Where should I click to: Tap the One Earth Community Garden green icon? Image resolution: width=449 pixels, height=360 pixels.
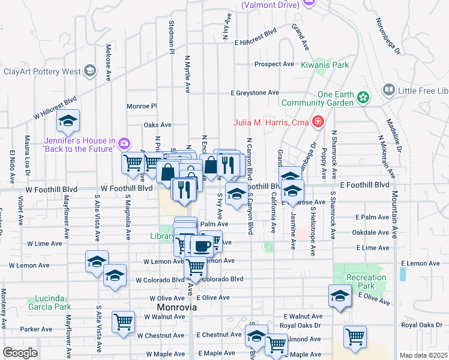click(x=363, y=97)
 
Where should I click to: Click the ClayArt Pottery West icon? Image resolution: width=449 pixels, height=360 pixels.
click(x=90, y=71)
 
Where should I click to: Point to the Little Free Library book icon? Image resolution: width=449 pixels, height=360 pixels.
click(x=388, y=90)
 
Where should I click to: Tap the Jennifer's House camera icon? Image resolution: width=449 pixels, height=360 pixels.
click(x=124, y=143)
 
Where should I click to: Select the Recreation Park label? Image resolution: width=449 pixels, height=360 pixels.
click(x=367, y=282)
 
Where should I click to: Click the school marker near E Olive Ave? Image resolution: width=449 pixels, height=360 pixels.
click(x=340, y=296)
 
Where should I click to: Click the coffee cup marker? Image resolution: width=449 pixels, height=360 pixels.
click(x=202, y=245)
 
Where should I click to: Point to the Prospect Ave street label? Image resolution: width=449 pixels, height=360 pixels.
click(x=274, y=64)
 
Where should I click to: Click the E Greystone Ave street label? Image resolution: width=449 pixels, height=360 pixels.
click(x=255, y=93)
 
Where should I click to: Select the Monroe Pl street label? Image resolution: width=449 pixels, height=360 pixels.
click(x=142, y=106)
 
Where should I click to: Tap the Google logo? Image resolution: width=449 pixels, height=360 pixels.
click(x=20, y=353)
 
